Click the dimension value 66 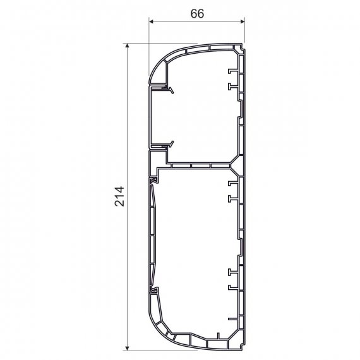coord(197,14)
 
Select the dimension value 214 coord(119,196)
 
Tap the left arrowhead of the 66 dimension coord(152,21)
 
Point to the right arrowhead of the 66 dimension coord(243,21)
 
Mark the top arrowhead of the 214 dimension coord(127,45)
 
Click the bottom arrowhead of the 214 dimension coord(127,348)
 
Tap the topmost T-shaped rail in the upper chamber coord(232,71)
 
